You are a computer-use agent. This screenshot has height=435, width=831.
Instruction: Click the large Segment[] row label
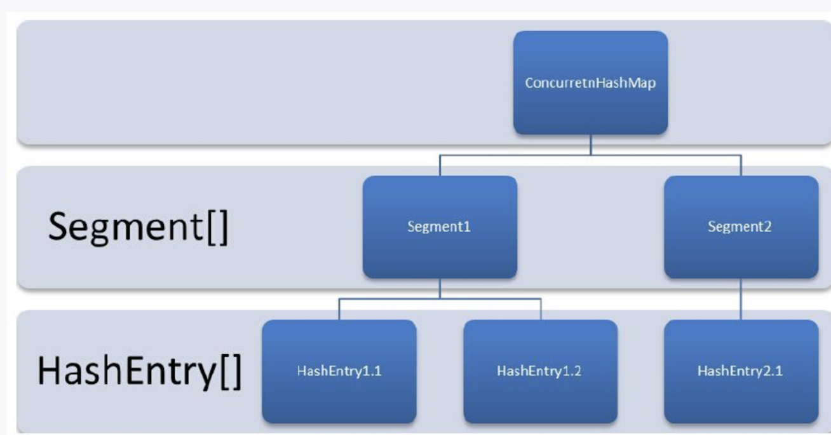coord(138,226)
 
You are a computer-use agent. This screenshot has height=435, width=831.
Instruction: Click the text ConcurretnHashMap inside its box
coord(590,83)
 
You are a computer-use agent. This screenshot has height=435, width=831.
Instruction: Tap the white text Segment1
coord(439,227)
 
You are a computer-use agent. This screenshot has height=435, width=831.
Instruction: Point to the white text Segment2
coord(740,227)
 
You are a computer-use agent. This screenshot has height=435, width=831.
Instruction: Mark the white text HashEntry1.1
coord(339,371)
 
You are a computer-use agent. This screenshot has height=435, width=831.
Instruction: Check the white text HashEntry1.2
coord(539,371)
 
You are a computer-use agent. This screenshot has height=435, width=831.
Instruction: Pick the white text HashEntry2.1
coord(740,371)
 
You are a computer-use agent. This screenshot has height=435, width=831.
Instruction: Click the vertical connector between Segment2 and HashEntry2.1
coord(741,299)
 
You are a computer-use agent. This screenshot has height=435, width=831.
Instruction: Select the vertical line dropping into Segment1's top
coord(440,165)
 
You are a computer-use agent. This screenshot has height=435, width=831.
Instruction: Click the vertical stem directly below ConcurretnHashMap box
coord(590,144)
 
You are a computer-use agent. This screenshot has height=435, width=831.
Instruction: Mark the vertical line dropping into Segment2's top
coord(741,165)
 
